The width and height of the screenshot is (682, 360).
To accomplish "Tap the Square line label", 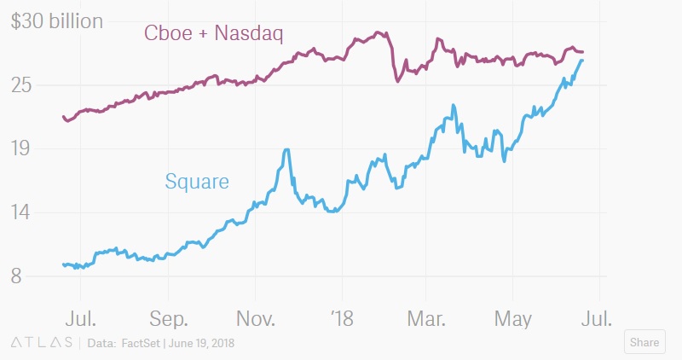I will point(197,181).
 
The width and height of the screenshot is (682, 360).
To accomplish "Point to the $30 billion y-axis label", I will point(57,21).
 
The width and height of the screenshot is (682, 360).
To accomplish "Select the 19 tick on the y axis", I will point(21,149).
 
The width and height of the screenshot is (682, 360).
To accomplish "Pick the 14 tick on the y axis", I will point(21,212).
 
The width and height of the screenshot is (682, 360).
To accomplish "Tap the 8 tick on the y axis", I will point(16,276).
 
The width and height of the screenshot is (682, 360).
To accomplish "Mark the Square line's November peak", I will point(286,150).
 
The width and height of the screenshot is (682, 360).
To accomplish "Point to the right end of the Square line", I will point(582,60).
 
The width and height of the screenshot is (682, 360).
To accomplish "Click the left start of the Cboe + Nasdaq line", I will point(64,117).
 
